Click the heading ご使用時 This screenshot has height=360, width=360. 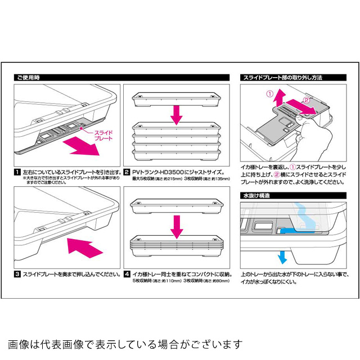click(28, 77)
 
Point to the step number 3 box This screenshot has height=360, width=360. click(17, 274)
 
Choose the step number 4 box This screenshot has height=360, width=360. click(127, 274)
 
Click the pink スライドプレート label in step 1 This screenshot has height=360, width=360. click(103, 136)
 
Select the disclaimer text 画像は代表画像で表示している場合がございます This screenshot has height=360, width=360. click(125, 344)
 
